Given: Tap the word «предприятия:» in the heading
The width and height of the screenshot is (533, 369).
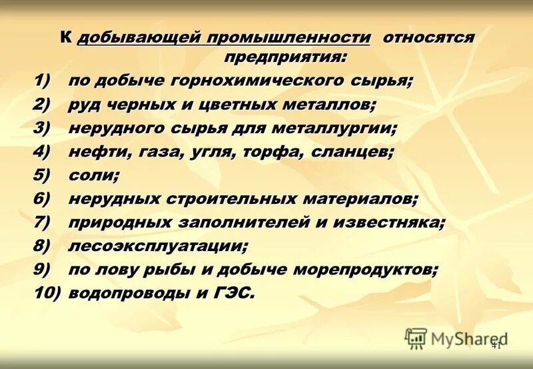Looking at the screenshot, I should click(x=285, y=57).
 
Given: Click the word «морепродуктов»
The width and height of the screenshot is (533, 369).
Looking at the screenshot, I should click(x=362, y=269).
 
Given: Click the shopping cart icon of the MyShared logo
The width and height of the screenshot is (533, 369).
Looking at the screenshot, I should click(x=416, y=338).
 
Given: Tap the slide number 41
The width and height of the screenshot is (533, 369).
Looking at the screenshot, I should click(x=496, y=345).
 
